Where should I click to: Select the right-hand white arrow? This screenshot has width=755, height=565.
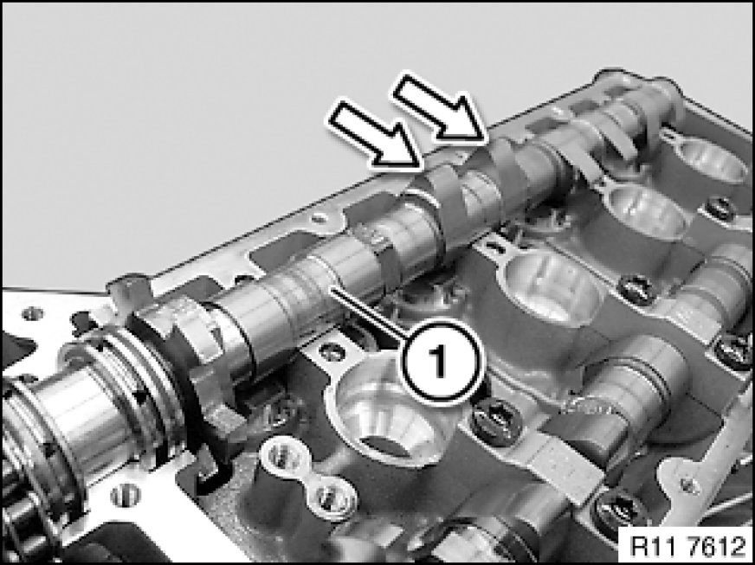440,108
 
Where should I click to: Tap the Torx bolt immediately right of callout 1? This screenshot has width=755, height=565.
496,421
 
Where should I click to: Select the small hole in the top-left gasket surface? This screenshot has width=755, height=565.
33,314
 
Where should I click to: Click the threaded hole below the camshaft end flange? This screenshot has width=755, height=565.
126,496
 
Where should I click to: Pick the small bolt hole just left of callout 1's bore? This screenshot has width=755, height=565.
332,351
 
